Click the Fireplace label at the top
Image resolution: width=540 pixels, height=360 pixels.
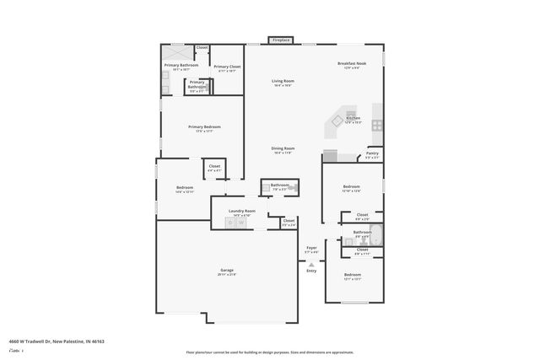click(x=281, y=40)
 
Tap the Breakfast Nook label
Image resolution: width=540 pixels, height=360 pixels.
click(x=350, y=63)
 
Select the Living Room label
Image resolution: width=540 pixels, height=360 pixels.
click(x=283, y=81)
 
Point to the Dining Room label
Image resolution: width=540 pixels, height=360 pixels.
click(x=283, y=148)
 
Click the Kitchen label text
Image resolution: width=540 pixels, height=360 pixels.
click(x=354, y=118)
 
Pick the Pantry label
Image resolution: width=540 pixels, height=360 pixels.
click(x=372, y=153)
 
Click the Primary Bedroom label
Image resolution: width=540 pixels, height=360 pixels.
click(x=203, y=126)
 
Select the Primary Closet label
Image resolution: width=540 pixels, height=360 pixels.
click(x=227, y=67)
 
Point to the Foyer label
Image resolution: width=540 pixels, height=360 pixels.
click(x=311, y=247)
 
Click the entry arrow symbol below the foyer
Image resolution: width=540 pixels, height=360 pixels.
click(x=311, y=264)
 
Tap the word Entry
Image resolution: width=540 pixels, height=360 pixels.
click(x=311, y=271)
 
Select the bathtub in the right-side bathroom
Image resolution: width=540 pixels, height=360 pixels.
click(x=376, y=234)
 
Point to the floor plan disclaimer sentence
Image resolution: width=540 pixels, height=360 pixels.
click(x=269, y=352)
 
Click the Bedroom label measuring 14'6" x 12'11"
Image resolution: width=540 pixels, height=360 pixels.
click(x=185, y=188)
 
